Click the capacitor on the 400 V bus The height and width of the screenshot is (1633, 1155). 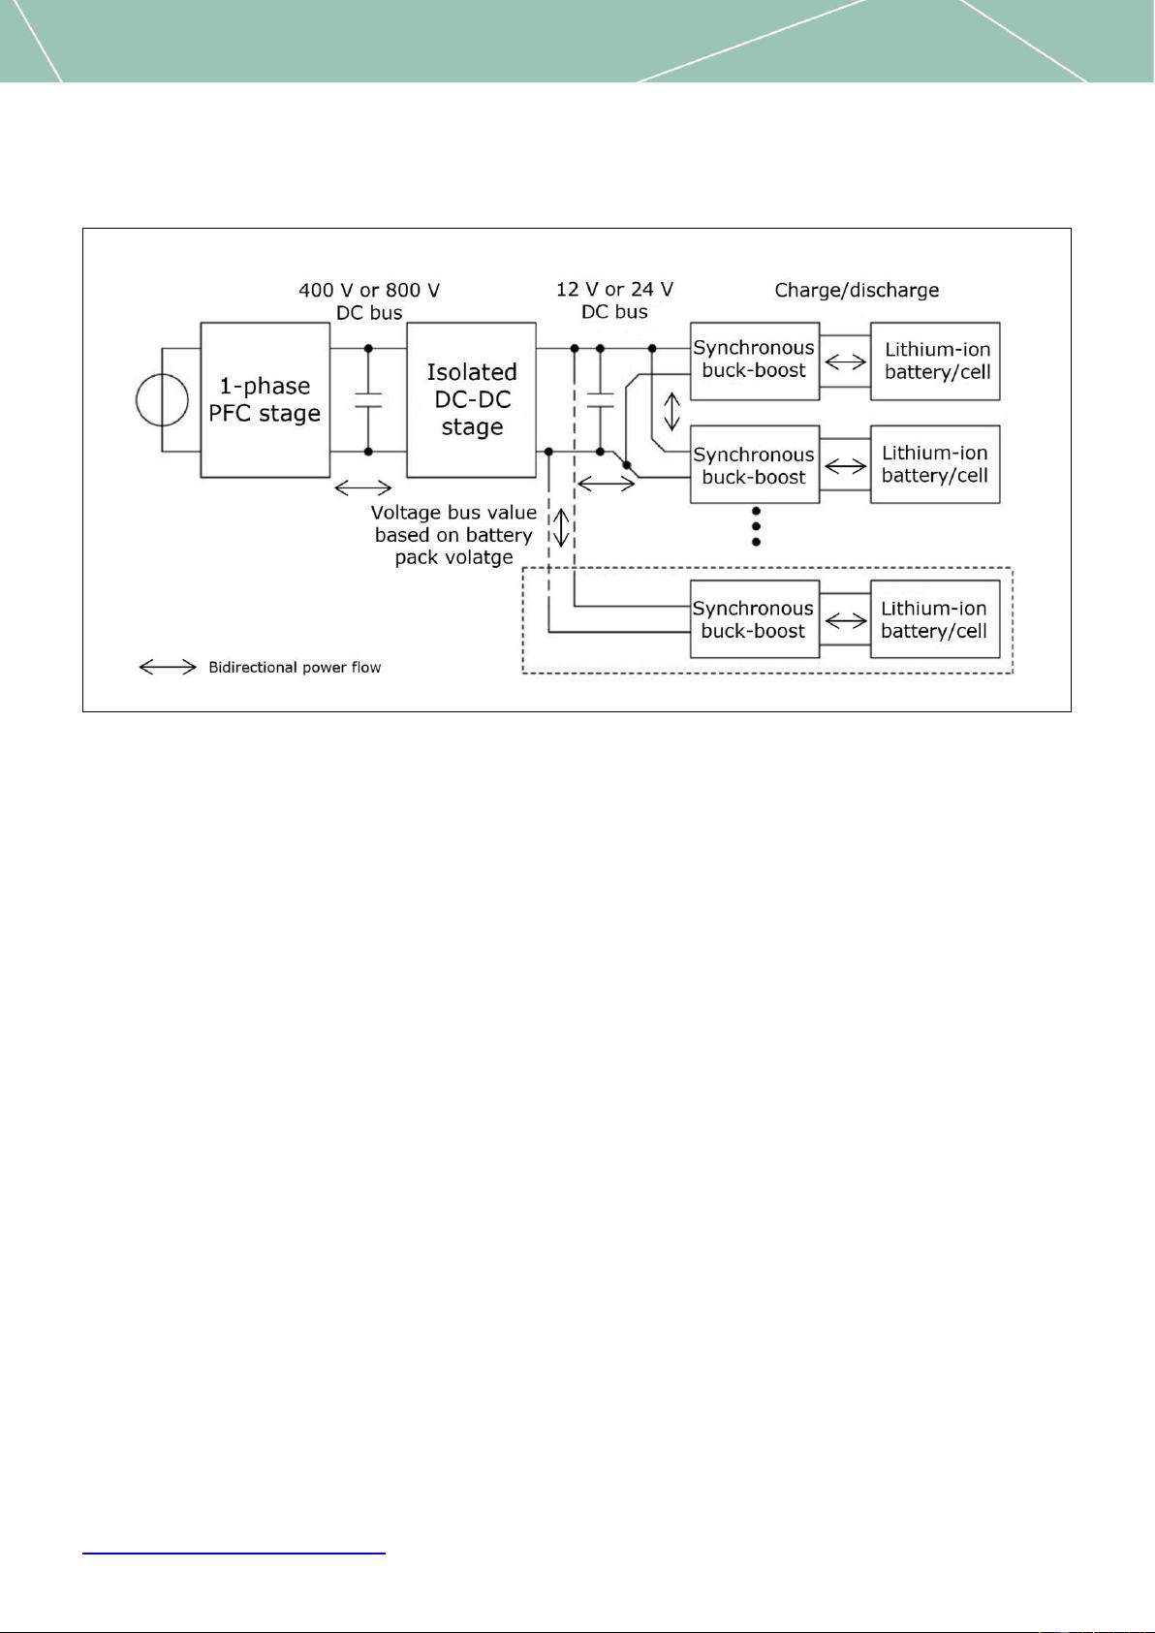click(x=369, y=399)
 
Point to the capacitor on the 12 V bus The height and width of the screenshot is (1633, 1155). click(x=601, y=399)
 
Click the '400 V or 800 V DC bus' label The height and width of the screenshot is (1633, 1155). click(x=369, y=301)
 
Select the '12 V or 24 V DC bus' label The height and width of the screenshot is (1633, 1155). click(x=614, y=300)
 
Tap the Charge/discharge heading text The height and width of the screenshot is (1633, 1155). click(x=857, y=290)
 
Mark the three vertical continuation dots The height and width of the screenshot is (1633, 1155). click(x=756, y=526)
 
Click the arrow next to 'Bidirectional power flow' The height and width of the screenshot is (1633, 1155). click(x=168, y=667)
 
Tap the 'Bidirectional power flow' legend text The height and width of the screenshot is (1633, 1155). click(x=295, y=667)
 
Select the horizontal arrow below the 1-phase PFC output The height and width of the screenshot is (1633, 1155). click(x=363, y=487)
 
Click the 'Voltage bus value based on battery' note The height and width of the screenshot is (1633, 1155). click(x=453, y=523)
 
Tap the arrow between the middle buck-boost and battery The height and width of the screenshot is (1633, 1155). click(x=845, y=465)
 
